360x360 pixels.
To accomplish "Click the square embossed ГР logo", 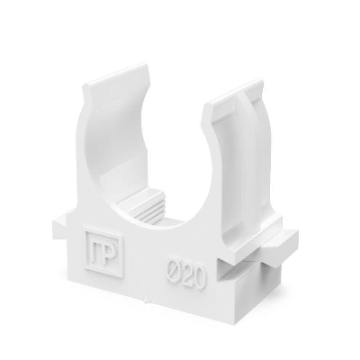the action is click(104, 249).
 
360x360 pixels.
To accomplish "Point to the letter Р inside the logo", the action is click(109, 251).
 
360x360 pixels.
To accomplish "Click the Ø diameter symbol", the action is click(174, 269).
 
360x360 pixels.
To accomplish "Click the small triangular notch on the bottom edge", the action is click(147, 299).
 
